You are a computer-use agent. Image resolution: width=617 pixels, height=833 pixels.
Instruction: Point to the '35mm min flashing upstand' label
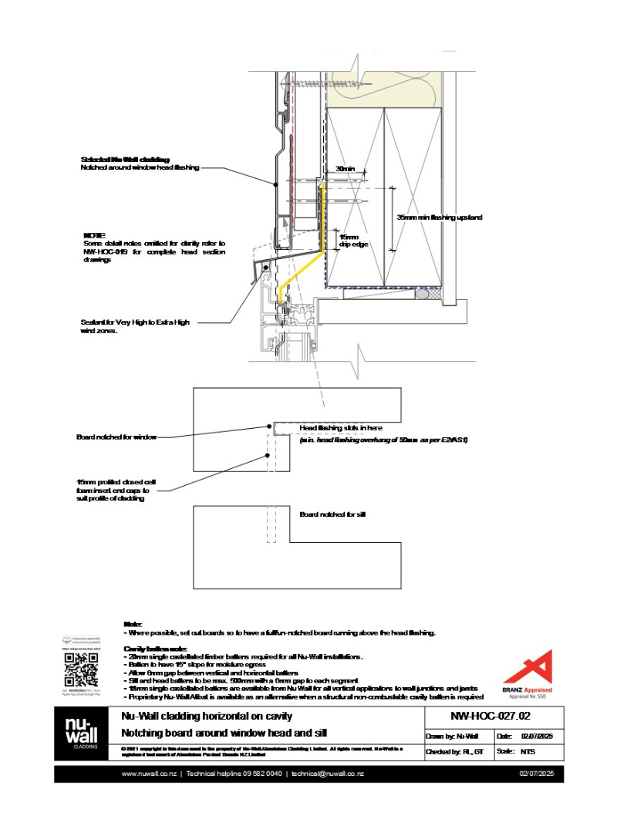[440, 218]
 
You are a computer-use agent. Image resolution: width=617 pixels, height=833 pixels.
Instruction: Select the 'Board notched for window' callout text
[116, 437]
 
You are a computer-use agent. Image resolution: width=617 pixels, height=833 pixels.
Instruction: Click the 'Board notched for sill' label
[332, 514]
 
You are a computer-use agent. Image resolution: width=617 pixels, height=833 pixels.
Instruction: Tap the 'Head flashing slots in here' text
[340, 427]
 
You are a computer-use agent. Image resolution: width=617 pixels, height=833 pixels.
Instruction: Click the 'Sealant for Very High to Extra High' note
[134, 322]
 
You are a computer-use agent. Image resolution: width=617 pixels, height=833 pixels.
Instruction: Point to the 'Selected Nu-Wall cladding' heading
[124, 159]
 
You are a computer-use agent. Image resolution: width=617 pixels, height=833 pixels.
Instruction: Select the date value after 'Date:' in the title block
[542, 735]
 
